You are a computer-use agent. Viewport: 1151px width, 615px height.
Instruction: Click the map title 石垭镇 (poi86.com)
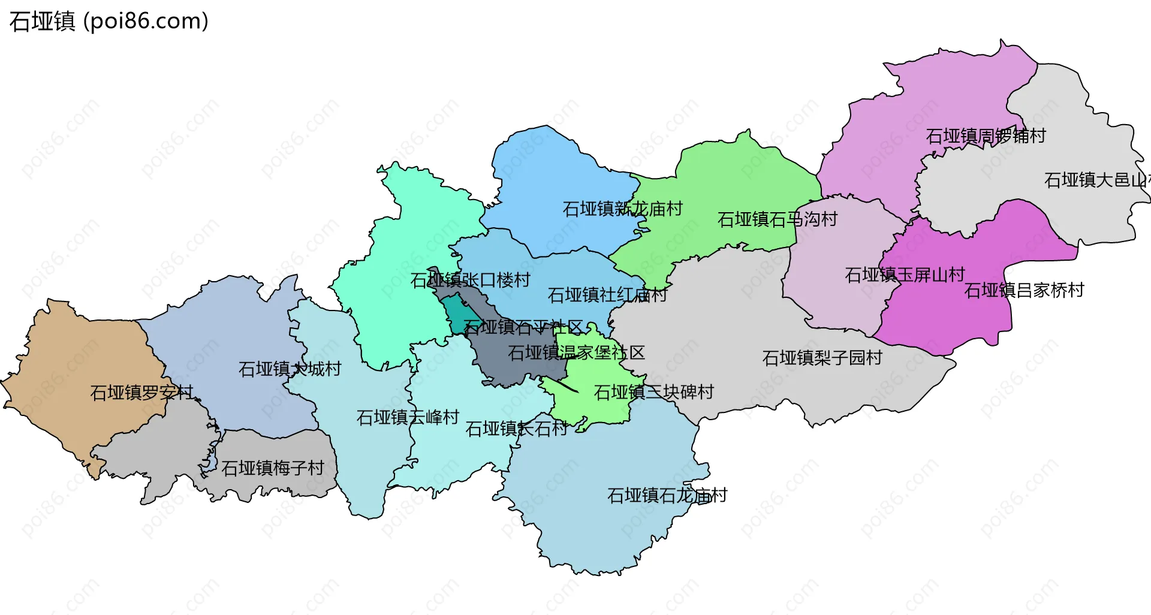tap(109, 22)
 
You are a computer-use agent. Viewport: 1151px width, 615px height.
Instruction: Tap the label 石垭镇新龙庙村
tap(622, 209)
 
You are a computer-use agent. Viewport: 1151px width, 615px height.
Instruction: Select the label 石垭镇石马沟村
tap(777, 219)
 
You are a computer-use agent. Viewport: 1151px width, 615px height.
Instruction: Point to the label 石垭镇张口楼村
tap(470, 280)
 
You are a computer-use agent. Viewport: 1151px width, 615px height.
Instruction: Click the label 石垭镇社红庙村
tap(607, 295)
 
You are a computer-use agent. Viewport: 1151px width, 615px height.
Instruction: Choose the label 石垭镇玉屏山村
tap(904, 275)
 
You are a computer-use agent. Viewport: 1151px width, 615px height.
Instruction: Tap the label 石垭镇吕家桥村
tap(1024, 291)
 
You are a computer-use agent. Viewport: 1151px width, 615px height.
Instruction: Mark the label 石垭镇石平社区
tap(523, 327)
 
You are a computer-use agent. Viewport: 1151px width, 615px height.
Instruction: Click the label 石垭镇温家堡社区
tap(576, 352)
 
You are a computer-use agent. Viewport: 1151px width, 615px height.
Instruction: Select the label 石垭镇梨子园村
tap(822, 358)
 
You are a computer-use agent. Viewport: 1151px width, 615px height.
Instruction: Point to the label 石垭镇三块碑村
tap(653, 392)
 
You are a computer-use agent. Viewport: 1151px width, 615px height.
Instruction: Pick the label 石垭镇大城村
tap(290, 369)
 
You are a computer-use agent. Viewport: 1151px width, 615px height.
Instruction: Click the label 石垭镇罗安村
tap(141, 393)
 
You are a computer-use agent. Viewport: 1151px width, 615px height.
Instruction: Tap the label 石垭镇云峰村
tap(408, 417)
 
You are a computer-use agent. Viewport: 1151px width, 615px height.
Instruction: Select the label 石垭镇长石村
tap(516, 429)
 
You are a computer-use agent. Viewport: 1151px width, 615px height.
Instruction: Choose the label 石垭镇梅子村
tap(273, 468)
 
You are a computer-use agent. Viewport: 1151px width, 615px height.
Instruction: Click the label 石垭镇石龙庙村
tap(667, 495)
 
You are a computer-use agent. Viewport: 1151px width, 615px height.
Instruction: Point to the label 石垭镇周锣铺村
tap(986, 136)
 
